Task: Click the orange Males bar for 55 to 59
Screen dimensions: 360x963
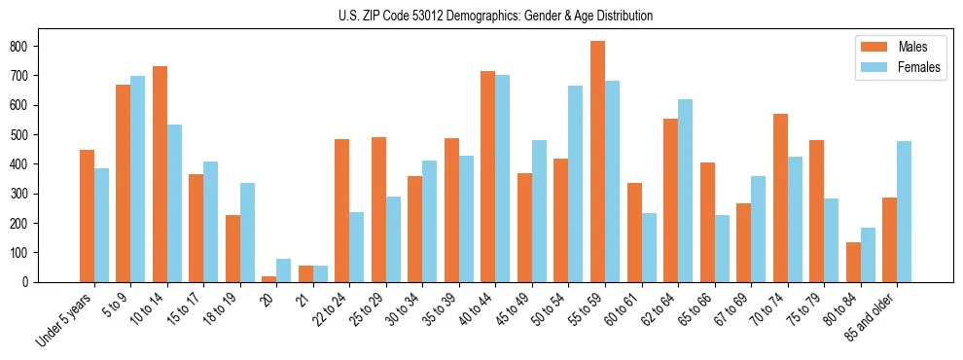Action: (597, 162)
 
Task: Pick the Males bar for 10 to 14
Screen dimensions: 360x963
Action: (160, 174)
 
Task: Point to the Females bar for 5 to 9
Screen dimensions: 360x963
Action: (137, 179)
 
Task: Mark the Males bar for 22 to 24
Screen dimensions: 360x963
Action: (342, 210)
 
